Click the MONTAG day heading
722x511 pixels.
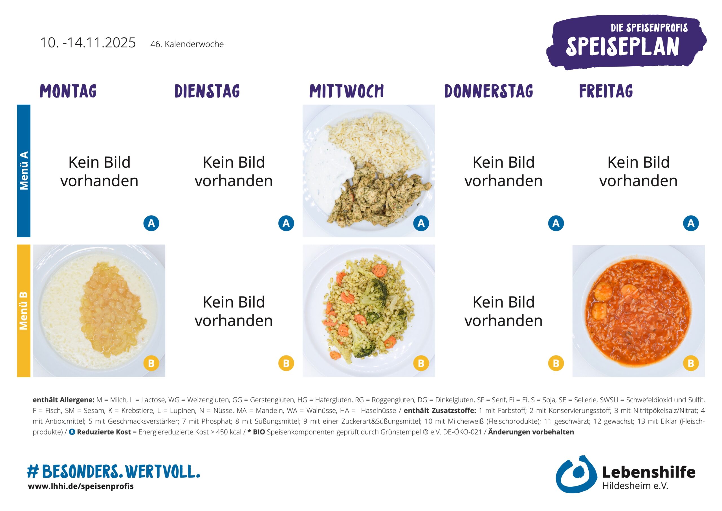pyautogui.click(x=68, y=91)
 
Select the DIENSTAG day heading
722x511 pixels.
pyautogui.click(x=207, y=91)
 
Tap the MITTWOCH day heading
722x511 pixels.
pyautogui.click(x=346, y=91)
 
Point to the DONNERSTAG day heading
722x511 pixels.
pyautogui.click(x=488, y=91)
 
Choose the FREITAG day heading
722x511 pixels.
pyautogui.click(x=606, y=91)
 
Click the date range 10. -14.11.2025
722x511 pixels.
pyautogui.click(x=88, y=43)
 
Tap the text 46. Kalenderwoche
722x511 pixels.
pyautogui.click(x=187, y=44)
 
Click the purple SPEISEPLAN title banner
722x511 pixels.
pyautogui.click(x=626, y=43)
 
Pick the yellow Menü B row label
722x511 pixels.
pyautogui.click(x=24, y=311)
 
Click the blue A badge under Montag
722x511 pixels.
pyautogui.click(x=151, y=223)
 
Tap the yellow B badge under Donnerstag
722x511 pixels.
pyautogui.click(x=556, y=363)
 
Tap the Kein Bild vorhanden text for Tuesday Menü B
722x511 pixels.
pyautogui.click(x=234, y=311)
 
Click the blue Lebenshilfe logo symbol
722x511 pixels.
pyautogui.click(x=576, y=474)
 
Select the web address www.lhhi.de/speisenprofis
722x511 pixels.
pyautogui.click(x=81, y=486)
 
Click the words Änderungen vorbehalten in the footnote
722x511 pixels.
pyautogui.click(x=531, y=432)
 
